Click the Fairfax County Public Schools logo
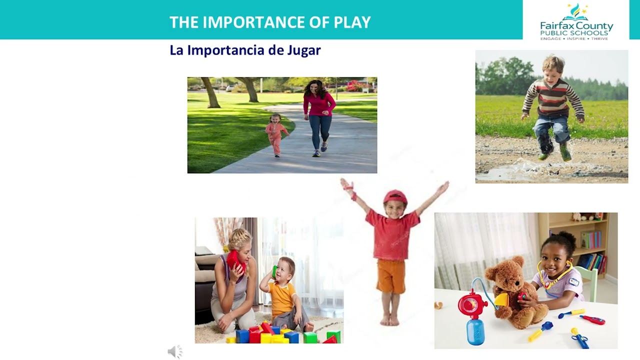tap(576, 21)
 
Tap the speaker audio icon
tap(175, 352)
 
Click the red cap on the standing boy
tap(395, 196)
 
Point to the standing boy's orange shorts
tap(391, 276)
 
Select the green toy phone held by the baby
tap(274, 271)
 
